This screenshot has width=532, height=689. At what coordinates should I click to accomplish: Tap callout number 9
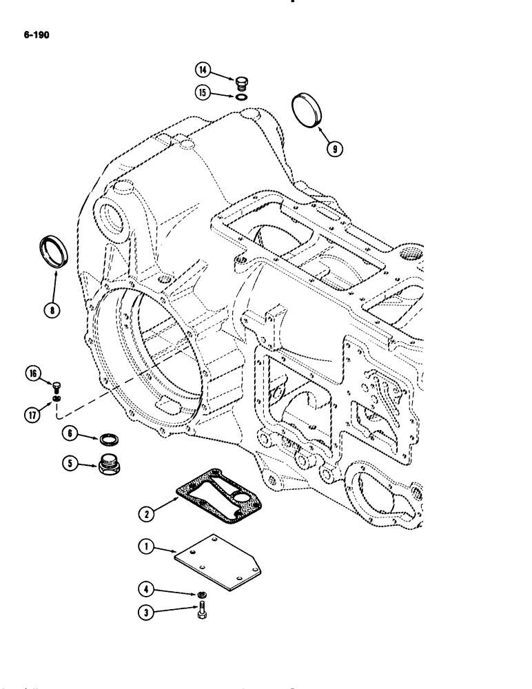336,147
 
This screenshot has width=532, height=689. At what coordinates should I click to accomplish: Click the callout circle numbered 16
32,376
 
